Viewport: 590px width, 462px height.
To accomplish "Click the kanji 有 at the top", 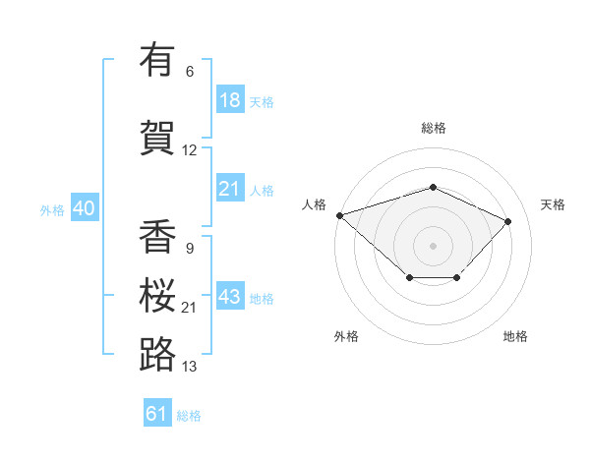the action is point(157,59).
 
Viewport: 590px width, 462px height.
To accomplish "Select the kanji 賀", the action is point(157,138).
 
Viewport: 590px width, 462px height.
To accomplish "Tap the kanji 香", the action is point(157,236).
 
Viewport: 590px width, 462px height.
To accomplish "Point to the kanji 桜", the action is point(157,295).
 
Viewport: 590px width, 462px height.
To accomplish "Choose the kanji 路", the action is point(157,354).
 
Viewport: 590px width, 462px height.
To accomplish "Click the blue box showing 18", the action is point(230,99).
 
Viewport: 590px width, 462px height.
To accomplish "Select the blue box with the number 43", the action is point(230,295).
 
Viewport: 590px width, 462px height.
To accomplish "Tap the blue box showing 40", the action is point(85,207).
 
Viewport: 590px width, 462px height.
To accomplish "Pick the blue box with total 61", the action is point(157,412).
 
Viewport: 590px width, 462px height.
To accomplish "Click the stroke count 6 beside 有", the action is point(190,72).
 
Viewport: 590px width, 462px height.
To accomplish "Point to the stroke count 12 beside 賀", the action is point(189,150).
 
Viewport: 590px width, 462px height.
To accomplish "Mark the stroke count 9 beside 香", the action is point(190,249).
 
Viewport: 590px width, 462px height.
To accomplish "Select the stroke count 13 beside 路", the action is point(189,367).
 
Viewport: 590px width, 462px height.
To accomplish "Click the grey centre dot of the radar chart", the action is point(433,246).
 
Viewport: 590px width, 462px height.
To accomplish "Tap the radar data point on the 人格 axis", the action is point(340,215).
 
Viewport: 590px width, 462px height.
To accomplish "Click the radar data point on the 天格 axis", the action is point(507,221).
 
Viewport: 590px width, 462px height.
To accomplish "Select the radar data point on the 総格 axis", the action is point(433,187).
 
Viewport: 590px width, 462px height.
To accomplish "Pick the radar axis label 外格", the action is point(346,336).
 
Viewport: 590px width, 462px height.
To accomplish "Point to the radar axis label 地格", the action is point(515,336).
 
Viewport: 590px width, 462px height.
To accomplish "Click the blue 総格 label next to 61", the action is point(189,416).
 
